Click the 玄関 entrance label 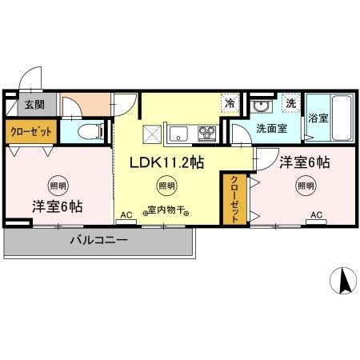pos(33,104)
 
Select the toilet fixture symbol pos(90,130)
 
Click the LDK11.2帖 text pos(166,162)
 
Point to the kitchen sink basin pos(177,132)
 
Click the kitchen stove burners pos(206,132)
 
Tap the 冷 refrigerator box pos(230,102)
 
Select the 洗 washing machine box pos(291,103)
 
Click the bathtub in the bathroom pos(341,118)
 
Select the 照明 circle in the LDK pos(166,187)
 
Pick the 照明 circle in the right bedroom pos(306,186)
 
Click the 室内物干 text pos(166,212)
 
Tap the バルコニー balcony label pos(98,239)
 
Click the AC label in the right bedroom pos(316,214)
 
